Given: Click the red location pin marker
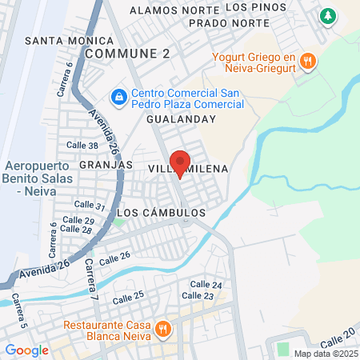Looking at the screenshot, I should [180, 162].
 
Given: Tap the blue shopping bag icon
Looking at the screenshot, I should [118, 96].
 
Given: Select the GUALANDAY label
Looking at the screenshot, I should [182, 118].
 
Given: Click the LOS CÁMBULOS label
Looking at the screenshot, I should [162, 213].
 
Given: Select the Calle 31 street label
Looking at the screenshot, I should [90, 206].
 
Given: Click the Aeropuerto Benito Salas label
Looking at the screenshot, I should [36, 178].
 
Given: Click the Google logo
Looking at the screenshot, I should [26, 350].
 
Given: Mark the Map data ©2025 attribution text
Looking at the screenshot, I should [325, 353].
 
